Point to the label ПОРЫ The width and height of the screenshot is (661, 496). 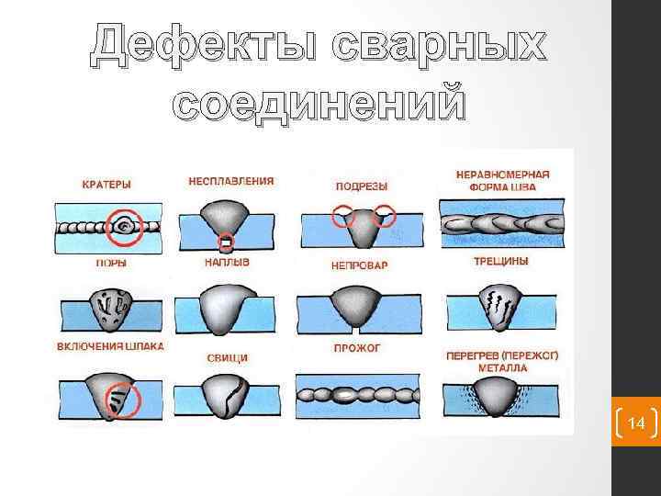[x=111, y=263]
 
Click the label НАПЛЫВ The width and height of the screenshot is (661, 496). [x=227, y=262]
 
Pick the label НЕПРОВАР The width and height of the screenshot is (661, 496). [x=359, y=265]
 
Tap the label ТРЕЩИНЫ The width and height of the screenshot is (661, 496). [x=499, y=261]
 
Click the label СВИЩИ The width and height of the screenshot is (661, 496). [x=226, y=356]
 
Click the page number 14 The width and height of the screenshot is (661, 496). [x=634, y=423]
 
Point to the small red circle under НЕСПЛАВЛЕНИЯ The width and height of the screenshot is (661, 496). [x=225, y=242]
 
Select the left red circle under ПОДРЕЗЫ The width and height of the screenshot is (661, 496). [x=344, y=216]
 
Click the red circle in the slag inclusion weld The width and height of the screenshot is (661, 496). [x=120, y=400]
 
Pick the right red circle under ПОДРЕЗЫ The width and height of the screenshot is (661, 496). [x=385, y=217]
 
